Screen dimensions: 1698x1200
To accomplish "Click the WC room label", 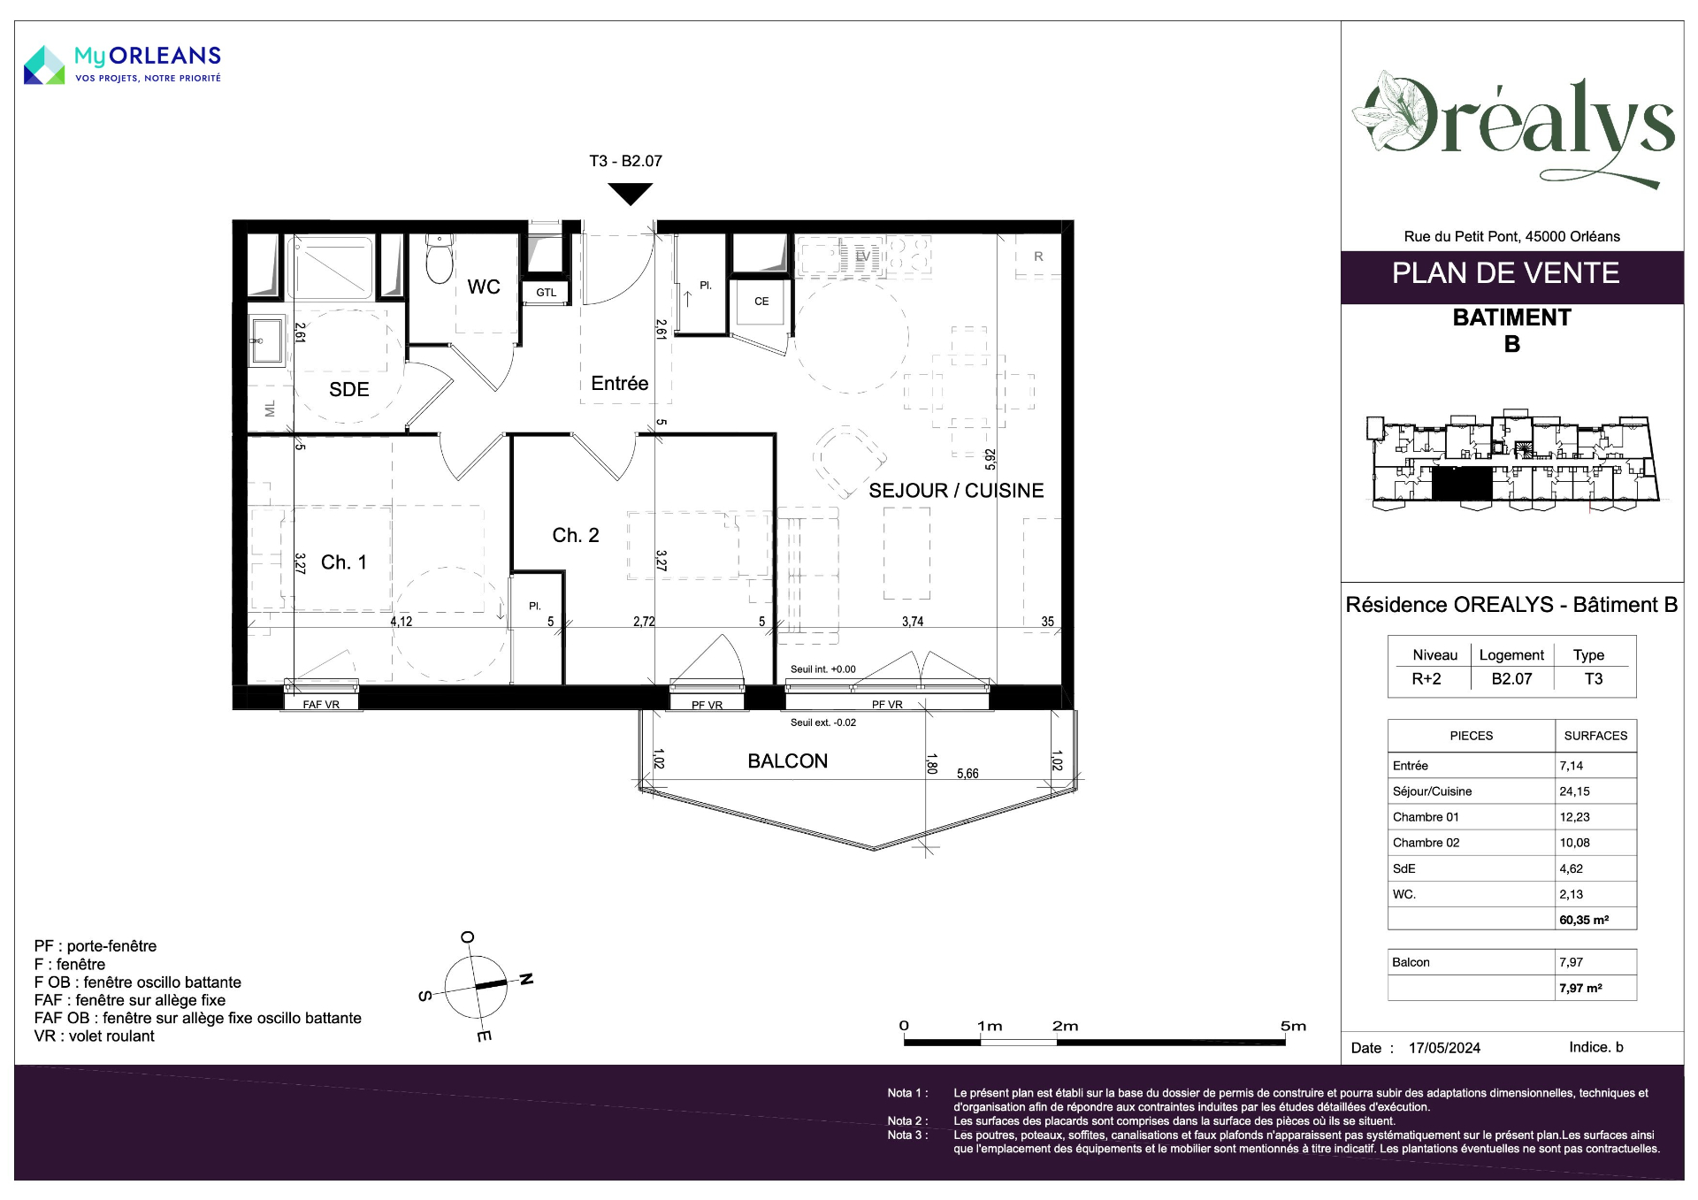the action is (x=484, y=287).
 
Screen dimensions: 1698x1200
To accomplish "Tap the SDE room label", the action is (x=349, y=389).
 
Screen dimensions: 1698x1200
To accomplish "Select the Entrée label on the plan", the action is (x=620, y=383).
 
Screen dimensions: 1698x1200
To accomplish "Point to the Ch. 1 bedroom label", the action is (x=343, y=562).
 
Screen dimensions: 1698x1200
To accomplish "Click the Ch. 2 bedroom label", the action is (x=576, y=535).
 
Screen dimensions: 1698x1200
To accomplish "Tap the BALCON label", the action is (x=788, y=761).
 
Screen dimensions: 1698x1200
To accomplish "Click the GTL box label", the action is (x=547, y=293).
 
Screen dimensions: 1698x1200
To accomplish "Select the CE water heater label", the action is (x=761, y=302).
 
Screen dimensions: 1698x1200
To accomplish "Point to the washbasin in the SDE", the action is (x=266, y=340).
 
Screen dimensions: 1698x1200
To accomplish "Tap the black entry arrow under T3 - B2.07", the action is (x=631, y=194).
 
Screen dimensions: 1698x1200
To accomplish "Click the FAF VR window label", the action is (x=321, y=705).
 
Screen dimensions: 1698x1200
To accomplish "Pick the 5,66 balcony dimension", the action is (x=968, y=774).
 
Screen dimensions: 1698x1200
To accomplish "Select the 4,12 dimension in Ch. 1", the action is (x=402, y=622).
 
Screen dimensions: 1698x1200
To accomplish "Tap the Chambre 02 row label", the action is (x=1426, y=843).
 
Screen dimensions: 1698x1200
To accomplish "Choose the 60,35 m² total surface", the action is (x=1584, y=920).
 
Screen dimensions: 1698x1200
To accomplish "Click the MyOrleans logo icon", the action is (x=44, y=65).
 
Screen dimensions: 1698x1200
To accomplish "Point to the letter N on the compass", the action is (x=526, y=979).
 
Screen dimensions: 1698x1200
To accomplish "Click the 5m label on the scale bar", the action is (x=1293, y=1026).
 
